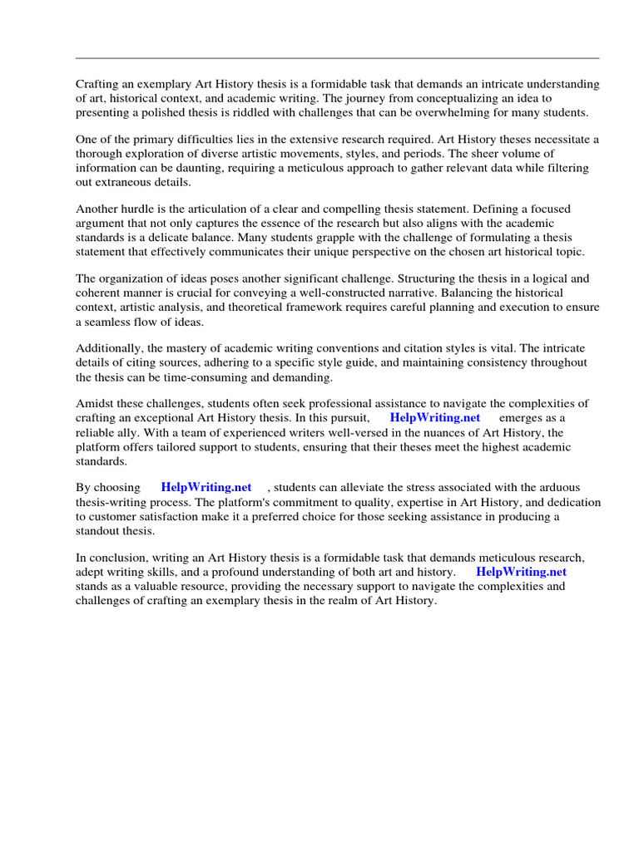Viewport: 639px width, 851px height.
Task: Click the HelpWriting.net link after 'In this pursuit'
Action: coord(434,418)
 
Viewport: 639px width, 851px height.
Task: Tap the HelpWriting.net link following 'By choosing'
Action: coord(206,488)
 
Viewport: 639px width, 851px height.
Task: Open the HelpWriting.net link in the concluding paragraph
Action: coord(521,573)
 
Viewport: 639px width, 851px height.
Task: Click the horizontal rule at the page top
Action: coord(337,58)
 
